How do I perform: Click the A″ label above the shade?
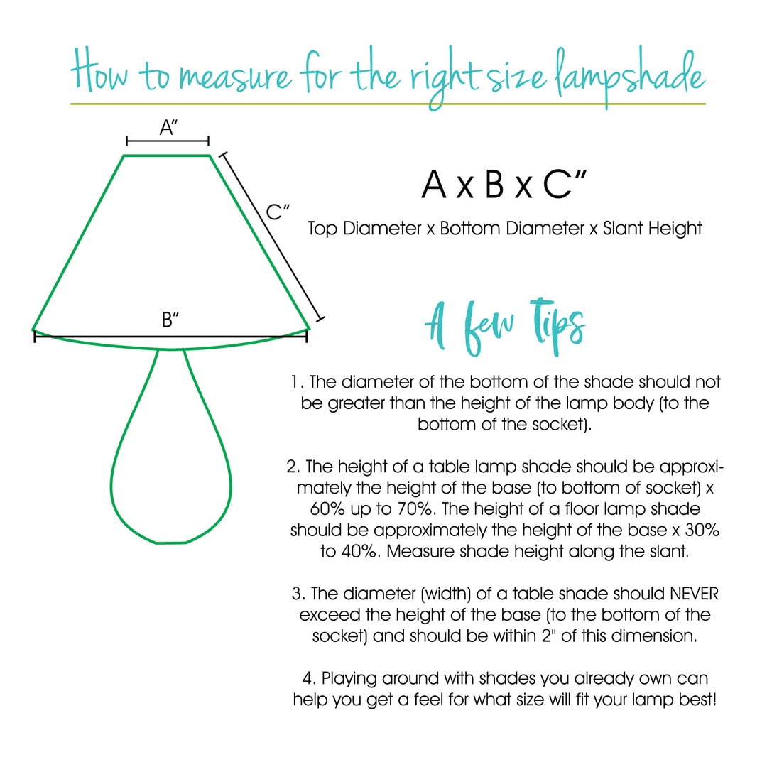168,128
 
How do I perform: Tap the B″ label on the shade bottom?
170,320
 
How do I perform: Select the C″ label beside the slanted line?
278,212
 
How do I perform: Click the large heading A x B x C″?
504,184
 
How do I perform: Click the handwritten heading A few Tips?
505,328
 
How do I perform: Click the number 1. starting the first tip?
297,382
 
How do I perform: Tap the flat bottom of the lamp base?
170,543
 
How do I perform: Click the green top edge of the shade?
168,154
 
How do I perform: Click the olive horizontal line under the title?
388,104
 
